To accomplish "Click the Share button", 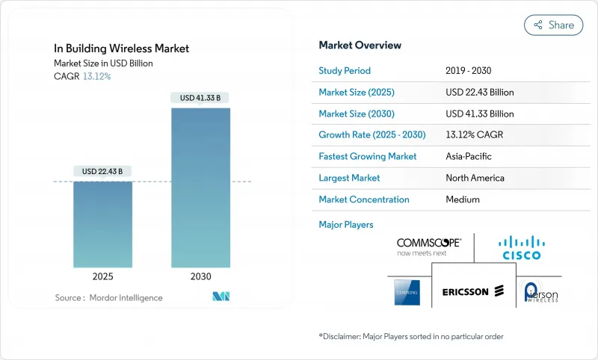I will [554, 25].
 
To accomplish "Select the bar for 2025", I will [102, 224].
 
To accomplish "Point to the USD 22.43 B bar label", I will [102, 172].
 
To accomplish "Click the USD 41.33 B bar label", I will [200, 98].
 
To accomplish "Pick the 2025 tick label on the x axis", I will [102, 276].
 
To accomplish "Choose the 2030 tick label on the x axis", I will [200, 276].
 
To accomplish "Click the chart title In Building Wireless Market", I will [121, 49].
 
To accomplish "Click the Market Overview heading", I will [360, 45].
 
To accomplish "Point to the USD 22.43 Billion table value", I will [479, 92].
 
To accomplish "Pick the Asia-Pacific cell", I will [468, 157].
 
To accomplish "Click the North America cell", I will [475, 178].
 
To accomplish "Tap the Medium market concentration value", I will [462, 199].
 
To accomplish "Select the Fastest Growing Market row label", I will [368, 157].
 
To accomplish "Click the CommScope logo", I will [429, 246].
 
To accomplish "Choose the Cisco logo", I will [522, 247].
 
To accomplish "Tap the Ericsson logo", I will [473, 291].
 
